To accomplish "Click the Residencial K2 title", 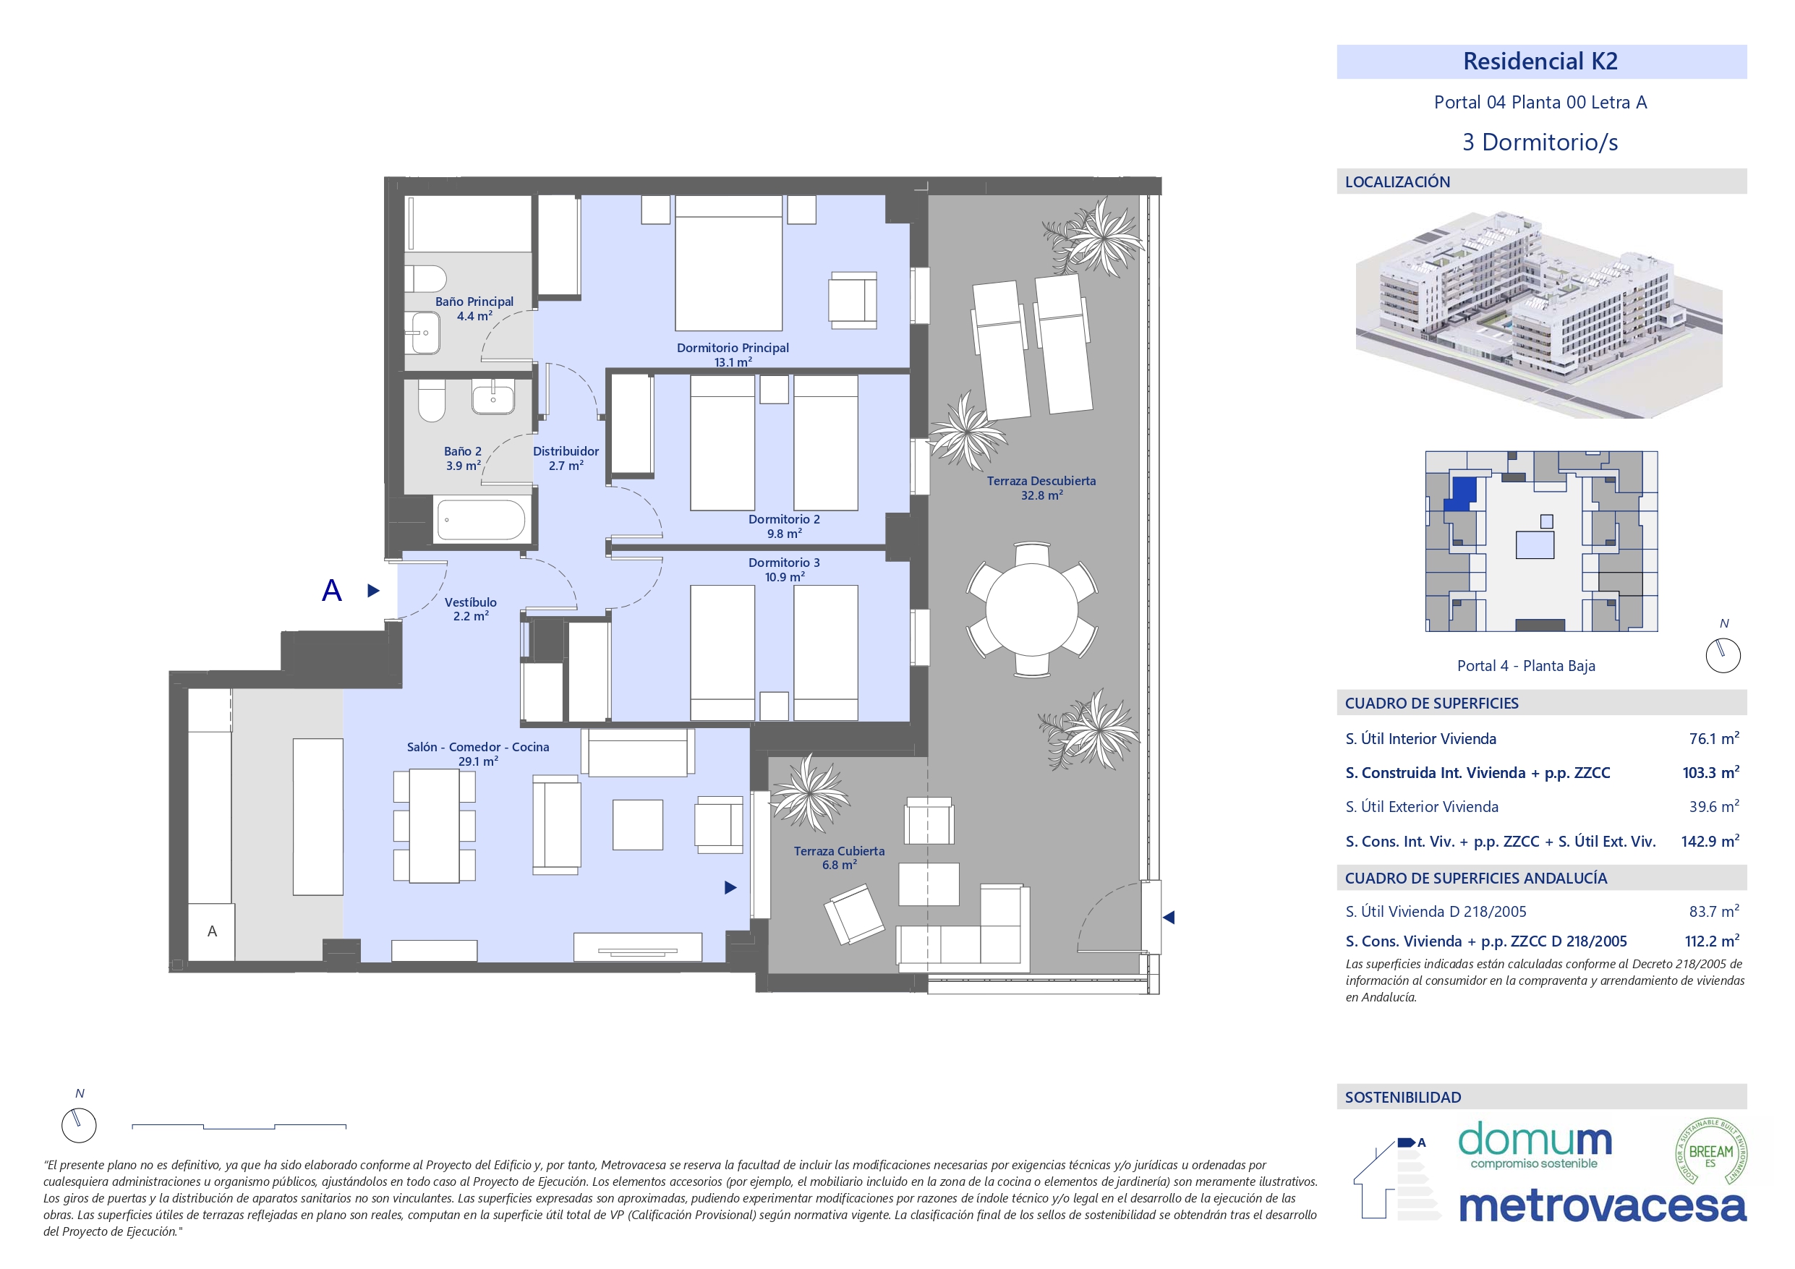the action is [1540, 61].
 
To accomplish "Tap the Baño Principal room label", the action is [474, 309].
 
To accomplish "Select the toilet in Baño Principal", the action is [425, 278].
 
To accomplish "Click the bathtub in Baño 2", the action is [481, 520].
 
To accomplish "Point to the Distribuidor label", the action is [566, 458].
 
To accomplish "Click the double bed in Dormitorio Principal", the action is [729, 262].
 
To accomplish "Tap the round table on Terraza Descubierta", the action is [1032, 609].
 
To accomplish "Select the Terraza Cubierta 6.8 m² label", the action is [839, 858].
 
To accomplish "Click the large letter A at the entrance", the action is [331, 590].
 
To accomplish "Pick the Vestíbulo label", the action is [471, 609].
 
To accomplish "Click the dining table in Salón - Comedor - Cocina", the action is [435, 826].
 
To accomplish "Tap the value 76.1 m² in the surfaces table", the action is [1714, 738].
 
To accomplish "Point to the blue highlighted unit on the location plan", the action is [1459, 494].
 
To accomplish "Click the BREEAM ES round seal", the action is [1711, 1152].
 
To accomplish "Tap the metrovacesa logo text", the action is [1603, 1205].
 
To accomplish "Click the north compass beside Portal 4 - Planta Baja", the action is [1723, 655].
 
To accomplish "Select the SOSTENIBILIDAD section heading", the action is [1402, 1097].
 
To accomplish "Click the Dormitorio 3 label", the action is [784, 569].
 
